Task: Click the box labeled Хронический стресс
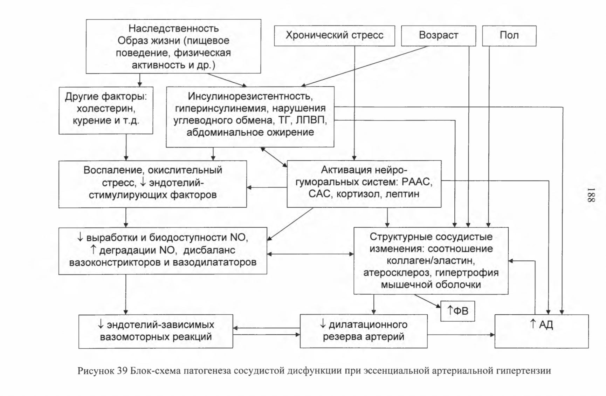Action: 334,35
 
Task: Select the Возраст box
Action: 438,35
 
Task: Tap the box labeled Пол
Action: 509,35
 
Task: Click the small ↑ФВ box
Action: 457,311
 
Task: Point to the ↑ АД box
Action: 542,331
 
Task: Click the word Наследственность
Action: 173,28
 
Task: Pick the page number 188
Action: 591,195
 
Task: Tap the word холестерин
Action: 105,109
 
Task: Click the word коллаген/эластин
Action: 431,261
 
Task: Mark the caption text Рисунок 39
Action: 102,371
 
